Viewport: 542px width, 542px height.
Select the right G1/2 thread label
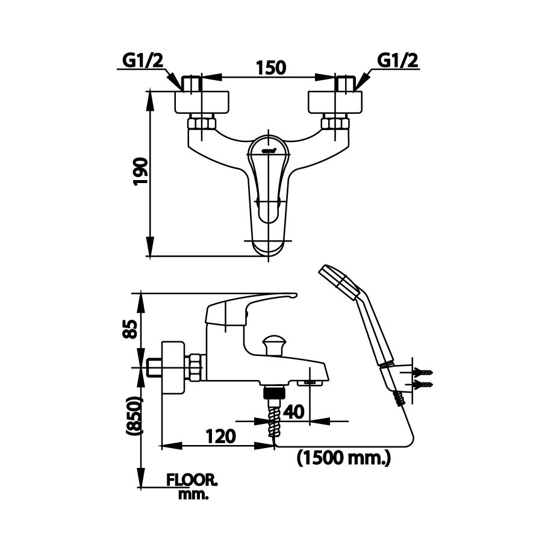398,61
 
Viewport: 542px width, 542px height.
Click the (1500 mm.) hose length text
344,458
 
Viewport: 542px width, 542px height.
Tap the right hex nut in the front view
335,125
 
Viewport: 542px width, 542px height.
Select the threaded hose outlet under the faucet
273,394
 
